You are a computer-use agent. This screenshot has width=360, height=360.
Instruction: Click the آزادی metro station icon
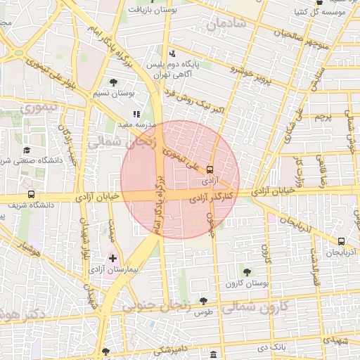210,169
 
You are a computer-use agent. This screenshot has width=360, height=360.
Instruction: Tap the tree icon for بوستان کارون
246,271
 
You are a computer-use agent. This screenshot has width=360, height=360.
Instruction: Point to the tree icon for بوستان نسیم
113,82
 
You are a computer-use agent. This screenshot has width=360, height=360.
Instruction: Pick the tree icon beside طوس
203,300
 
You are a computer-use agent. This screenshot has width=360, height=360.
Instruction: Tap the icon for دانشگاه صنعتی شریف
27,150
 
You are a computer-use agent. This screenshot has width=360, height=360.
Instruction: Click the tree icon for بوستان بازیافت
134,11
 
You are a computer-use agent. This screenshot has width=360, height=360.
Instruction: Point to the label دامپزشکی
172,349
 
